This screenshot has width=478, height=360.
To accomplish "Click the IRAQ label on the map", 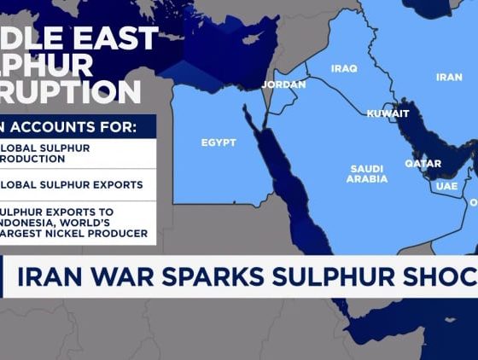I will [x=345, y=68].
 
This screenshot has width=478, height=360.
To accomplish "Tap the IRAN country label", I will [x=449, y=77].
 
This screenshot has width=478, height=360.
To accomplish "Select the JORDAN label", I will [x=283, y=84].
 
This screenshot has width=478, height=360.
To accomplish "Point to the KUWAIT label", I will [x=388, y=113].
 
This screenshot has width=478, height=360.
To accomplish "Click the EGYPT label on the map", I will [x=219, y=142].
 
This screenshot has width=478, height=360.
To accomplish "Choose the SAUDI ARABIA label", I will [x=367, y=174].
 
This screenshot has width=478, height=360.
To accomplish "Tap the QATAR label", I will [x=423, y=164].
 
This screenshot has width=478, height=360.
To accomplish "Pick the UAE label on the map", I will [x=446, y=186].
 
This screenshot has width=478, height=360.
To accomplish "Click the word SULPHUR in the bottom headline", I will [x=353, y=278].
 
